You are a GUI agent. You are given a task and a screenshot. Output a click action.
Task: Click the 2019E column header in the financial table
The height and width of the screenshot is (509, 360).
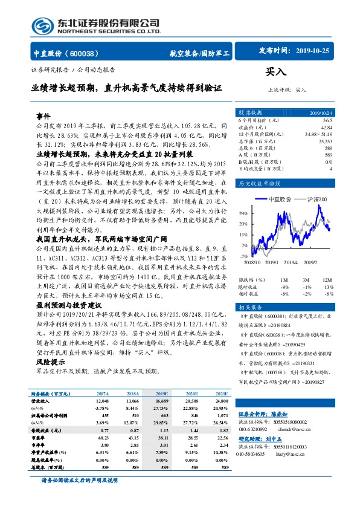coord(162,392)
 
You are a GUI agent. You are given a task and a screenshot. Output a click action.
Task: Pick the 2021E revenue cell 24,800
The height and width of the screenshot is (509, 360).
coord(222,400)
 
